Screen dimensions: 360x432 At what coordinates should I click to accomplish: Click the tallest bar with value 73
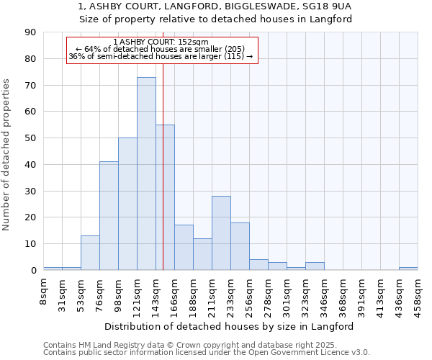[x=146, y=174]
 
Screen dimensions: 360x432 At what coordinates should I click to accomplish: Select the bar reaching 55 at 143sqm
[x=165, y=197]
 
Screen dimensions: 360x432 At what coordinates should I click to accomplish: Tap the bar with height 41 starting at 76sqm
[x=109, y=216]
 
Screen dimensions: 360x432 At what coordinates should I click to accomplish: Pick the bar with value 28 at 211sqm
[x=221, y=233]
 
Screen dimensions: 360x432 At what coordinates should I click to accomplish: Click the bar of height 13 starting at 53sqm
[x=90, y=253]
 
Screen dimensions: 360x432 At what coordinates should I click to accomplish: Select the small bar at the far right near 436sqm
[x=408, y=269]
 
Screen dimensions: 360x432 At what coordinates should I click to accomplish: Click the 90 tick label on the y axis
[x=30, y=32]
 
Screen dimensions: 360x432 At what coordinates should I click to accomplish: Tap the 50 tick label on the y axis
[x=30, y=138]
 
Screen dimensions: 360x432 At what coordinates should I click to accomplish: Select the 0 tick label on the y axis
[x=33, y=271]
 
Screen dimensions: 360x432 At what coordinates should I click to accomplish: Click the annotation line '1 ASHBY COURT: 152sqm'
[x=161, y=42]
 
